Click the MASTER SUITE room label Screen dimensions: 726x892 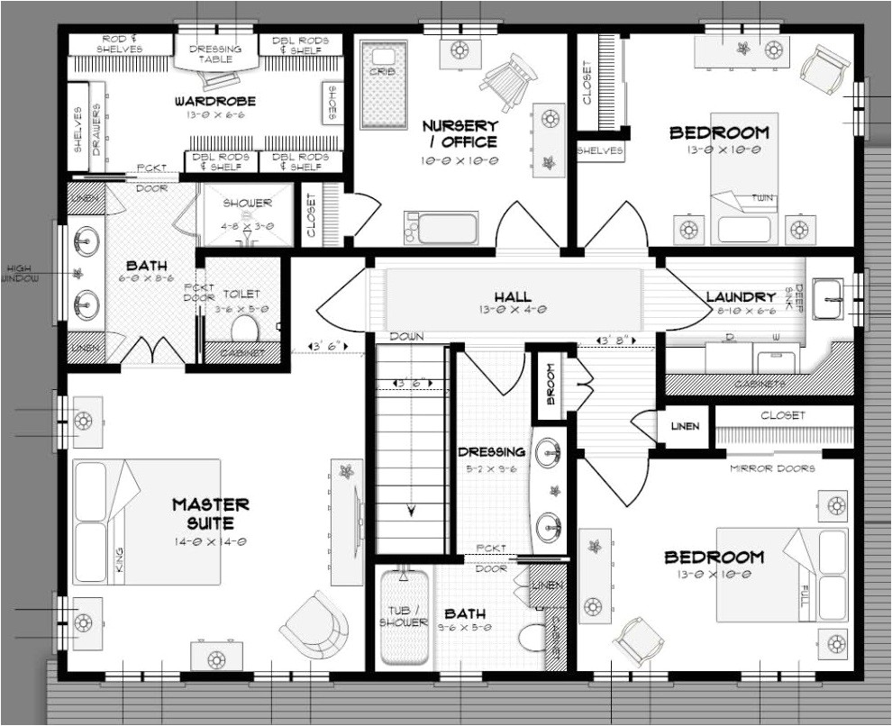(211, 513)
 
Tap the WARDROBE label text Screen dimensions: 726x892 (215, 102)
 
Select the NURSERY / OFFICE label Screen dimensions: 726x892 (460, 133)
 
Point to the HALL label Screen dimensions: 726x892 (512, 296)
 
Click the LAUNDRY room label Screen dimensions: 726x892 (741, 296)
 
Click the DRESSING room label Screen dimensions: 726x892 (491, 451)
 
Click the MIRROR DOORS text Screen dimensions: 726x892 (772, 468)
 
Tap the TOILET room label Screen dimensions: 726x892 (241, 294)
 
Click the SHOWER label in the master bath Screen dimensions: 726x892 (247, 204)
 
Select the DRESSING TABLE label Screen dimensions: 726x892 (215, 53)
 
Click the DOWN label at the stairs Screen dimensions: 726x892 (406, 336)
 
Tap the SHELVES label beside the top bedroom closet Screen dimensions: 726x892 (600, 151)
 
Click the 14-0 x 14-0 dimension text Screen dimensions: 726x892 (211, 542)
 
